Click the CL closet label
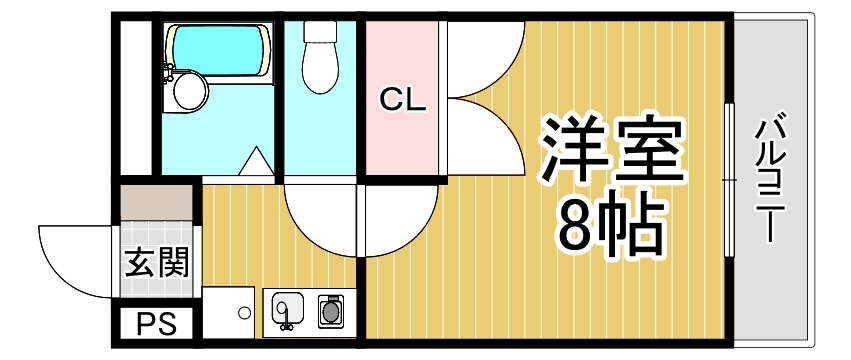[x=403, y=99]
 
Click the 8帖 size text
[x=612, y=227]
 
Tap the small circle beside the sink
[x=244, y=312]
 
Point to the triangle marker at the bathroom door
[x=256, y=161]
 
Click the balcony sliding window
[x=729, y=180]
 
